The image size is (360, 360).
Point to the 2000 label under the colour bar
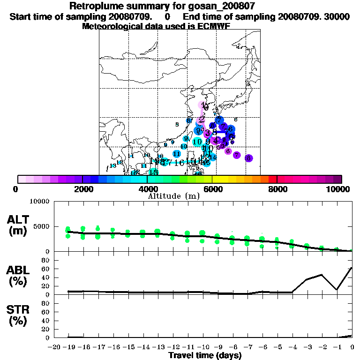pos(82,189)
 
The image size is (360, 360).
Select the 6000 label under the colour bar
pos(212,189)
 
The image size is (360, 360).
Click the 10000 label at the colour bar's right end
pos(338,189)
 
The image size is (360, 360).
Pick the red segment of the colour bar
pos(273,179)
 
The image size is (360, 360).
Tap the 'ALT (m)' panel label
pos(18,225)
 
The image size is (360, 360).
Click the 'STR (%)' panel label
pos(18,315)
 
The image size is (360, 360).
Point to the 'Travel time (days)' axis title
pos(205,356)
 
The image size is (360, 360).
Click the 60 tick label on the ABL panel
pos(46,269)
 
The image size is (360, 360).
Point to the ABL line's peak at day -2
pos(322,275)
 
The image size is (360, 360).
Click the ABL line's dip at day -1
pos(337,289)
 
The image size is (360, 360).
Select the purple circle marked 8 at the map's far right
pos(248,158)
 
